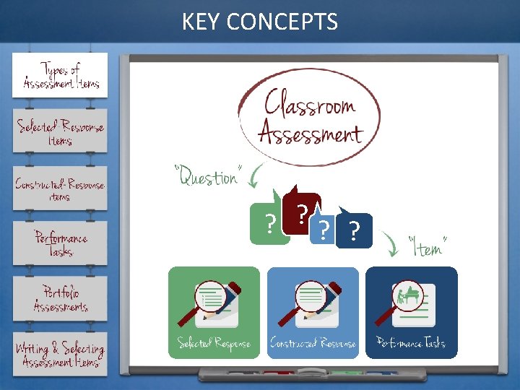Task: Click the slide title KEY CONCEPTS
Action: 259,22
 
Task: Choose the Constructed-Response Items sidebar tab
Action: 61,188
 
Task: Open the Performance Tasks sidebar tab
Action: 61,243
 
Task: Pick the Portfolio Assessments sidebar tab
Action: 61,299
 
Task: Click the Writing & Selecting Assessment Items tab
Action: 61,355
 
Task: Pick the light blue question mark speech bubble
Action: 325,230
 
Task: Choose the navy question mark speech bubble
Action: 354,231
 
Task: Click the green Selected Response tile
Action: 214,312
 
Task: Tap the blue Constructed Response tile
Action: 313,312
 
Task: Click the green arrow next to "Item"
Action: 392,246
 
